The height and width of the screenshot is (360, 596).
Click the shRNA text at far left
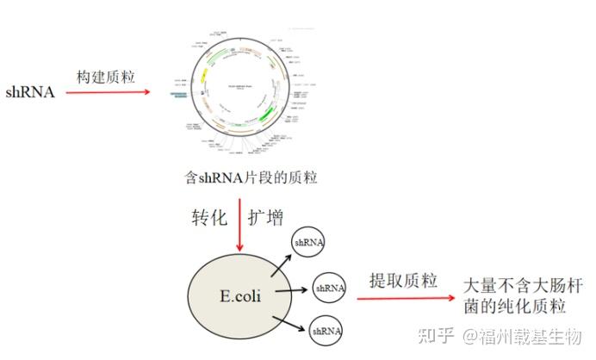point(30,92)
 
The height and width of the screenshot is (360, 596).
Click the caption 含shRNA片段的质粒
point(251,178)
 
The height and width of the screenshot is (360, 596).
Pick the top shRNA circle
point(308,244)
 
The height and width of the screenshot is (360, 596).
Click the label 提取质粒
point(403,280)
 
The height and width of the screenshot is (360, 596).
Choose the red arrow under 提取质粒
point(405,298)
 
